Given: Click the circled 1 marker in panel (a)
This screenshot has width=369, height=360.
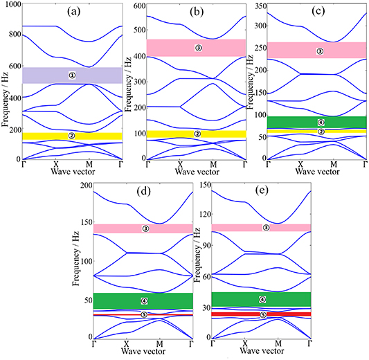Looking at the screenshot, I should click(72, 75).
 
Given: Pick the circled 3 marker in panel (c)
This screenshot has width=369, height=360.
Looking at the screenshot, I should click(319, 51).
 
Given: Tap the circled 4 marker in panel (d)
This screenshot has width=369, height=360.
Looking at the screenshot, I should click(144, 300).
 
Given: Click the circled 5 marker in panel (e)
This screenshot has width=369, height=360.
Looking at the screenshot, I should click(263, 314).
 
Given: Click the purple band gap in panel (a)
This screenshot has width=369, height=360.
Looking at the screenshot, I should click(42, 75).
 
